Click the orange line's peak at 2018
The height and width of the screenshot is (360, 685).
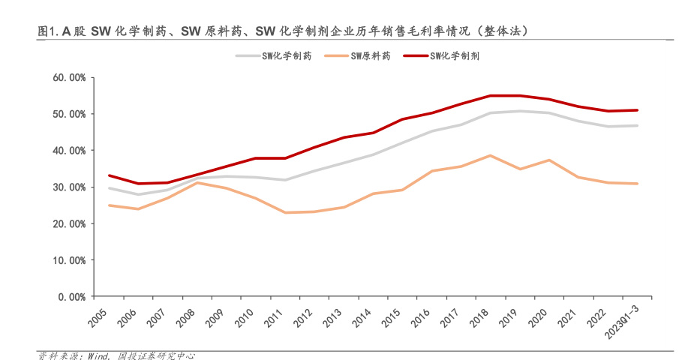(x=489, y=155)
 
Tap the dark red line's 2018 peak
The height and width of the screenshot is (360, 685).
(x=489, y=95)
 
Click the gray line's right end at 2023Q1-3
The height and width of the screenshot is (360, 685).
(x=637, y=125)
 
